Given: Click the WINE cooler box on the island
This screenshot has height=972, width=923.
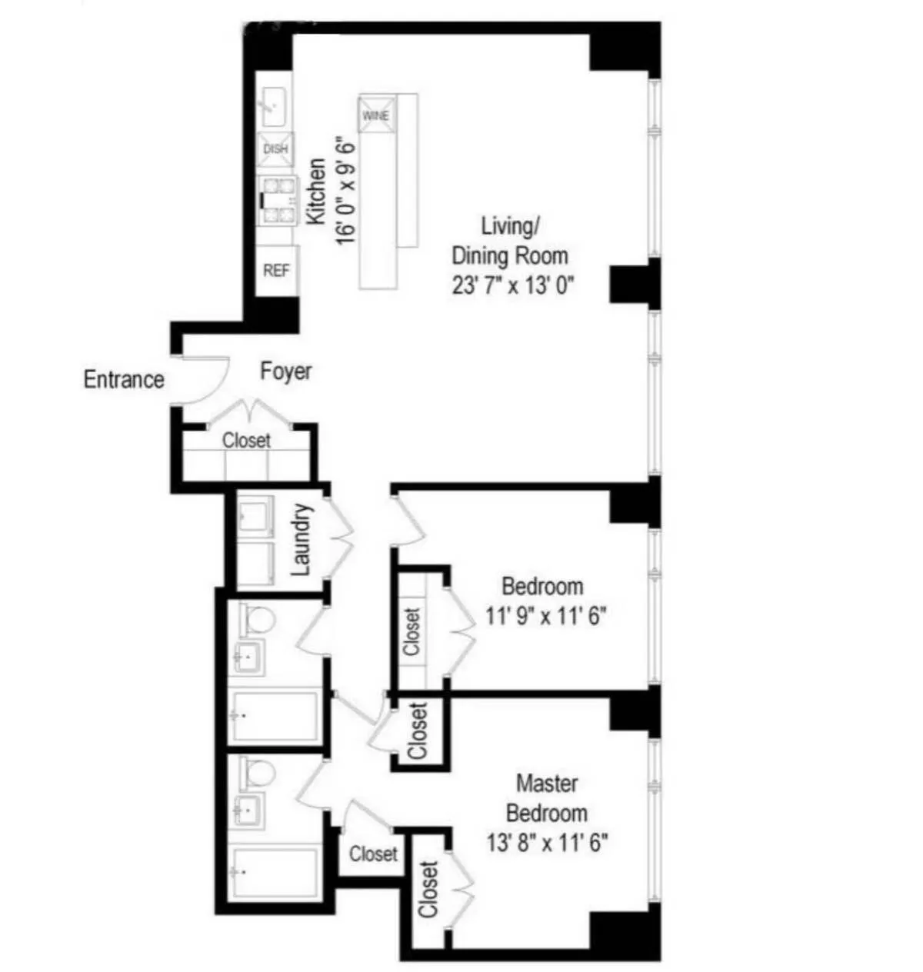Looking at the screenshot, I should (376, 115).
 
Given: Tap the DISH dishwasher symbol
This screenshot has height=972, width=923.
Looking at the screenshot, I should (275, 148).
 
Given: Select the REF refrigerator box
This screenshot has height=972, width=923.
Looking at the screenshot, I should (276, 270).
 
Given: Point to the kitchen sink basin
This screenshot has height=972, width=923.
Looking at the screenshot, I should (274, 105).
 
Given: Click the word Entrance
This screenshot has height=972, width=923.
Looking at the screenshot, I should (124, 380).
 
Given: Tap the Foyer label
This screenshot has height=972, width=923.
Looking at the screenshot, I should (286, 371).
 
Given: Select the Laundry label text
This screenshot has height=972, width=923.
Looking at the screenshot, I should (302, 540).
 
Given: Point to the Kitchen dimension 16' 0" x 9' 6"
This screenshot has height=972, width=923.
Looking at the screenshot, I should (345, 191).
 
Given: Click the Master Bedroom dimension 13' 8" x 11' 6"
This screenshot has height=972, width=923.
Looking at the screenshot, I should (548, 844).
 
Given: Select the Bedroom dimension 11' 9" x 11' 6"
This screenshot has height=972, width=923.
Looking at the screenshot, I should (546, 616).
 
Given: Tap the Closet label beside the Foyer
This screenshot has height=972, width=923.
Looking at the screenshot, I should (247, 441).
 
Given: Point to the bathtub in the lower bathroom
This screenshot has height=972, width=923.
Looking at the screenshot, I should (275, 873).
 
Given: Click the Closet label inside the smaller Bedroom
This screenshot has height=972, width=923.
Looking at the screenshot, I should (412, 631).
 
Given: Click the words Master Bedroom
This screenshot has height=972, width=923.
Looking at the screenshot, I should (547, 799).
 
